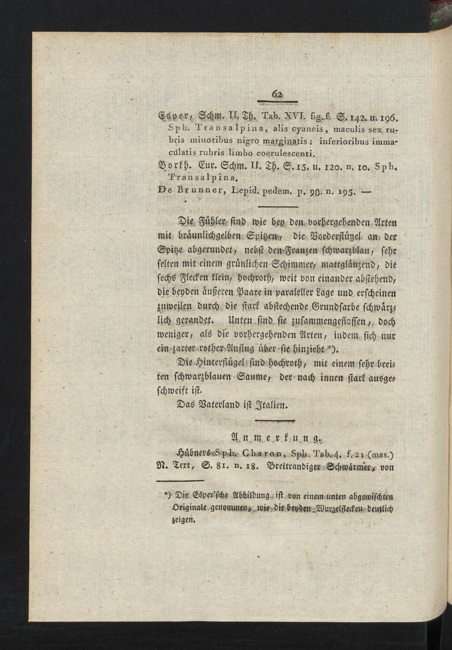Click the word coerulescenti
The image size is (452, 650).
pos(285,153)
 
